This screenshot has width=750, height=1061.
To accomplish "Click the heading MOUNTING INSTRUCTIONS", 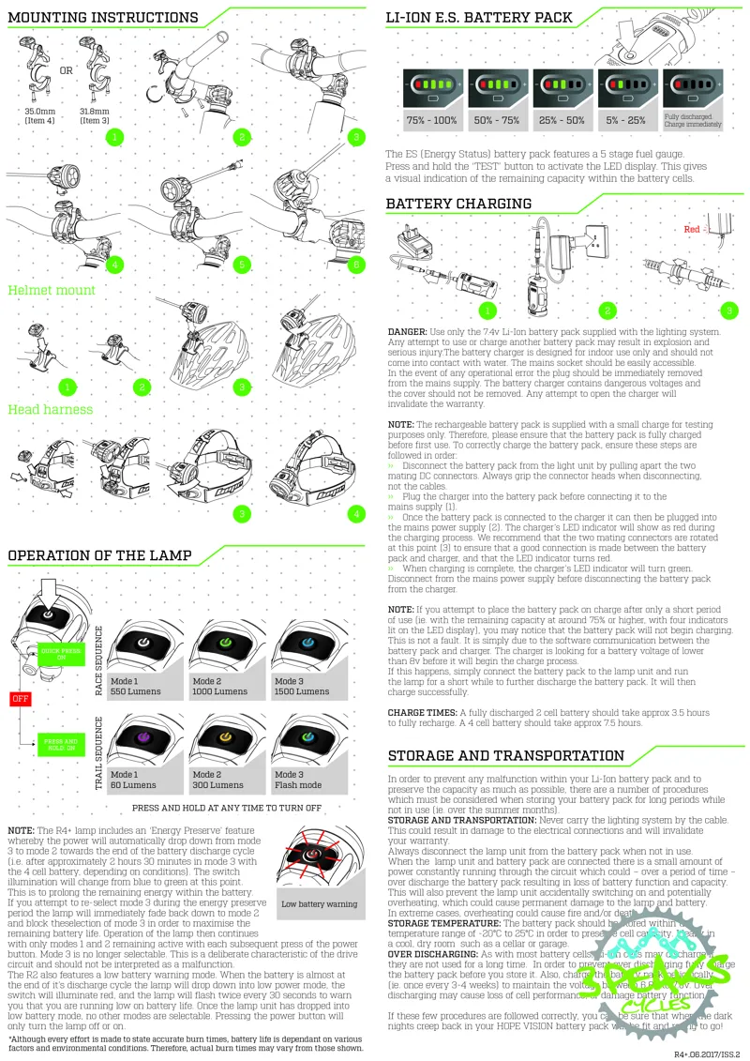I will point(103,17).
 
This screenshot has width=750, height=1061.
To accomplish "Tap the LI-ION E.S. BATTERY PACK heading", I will point(479,17).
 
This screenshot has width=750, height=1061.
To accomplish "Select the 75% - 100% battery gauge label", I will point(431,121).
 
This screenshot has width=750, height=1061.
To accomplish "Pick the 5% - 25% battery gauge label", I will point(625,121).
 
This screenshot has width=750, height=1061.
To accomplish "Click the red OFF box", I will point(21,698).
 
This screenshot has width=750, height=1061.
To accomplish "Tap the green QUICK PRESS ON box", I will point(61,654).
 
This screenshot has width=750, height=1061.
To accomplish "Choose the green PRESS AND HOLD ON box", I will point(61,744).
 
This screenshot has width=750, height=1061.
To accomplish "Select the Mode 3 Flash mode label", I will point(299,780).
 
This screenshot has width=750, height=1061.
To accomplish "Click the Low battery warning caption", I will point(320,904).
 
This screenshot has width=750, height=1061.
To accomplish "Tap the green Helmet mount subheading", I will point(52,290).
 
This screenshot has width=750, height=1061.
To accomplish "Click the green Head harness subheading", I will point(51,409).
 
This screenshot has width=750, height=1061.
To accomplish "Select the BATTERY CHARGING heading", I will point(458,204).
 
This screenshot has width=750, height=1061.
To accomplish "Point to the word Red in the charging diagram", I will point(692,228).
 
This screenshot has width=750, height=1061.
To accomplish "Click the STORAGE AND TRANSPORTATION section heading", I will point(505,755).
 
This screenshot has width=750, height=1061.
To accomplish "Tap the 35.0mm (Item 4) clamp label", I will point(41,115).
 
